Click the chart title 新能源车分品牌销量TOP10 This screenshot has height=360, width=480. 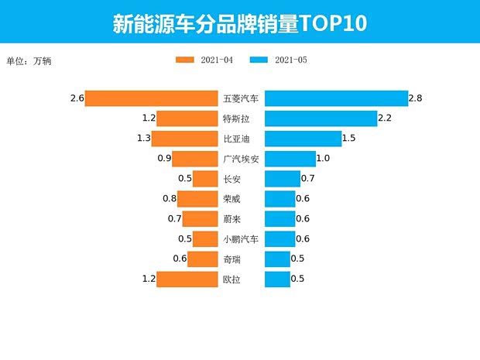[x=239, y=22]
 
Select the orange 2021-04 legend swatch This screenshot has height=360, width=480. [x=186, y=60]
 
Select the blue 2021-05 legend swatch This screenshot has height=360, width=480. [x=259, y=60]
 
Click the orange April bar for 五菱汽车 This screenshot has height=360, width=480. [x=151, y=98]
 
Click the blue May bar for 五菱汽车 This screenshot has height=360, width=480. [x=336, y=98]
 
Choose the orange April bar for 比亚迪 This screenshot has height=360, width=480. [x=184, y=139]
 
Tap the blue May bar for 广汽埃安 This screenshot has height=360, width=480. [x=290, y=159]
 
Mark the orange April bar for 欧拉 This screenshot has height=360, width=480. [x=187, y=279]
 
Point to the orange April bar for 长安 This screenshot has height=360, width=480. [x=204, y=179]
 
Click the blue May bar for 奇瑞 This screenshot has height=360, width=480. [x=277, y=259]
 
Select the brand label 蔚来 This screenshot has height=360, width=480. [x=231, y=219]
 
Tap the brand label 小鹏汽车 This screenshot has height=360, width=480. [x=241, y=239]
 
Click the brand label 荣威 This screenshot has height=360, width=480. [x=231, y=199]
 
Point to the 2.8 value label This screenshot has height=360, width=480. [x=415, y=98]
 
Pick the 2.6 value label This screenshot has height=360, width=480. [x=76, y=98]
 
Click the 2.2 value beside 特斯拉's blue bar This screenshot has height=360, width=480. [x=385, y=118]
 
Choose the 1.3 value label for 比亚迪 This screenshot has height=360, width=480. [x=143, y=139]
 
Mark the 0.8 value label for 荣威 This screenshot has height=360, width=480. [x=169, y=199]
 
